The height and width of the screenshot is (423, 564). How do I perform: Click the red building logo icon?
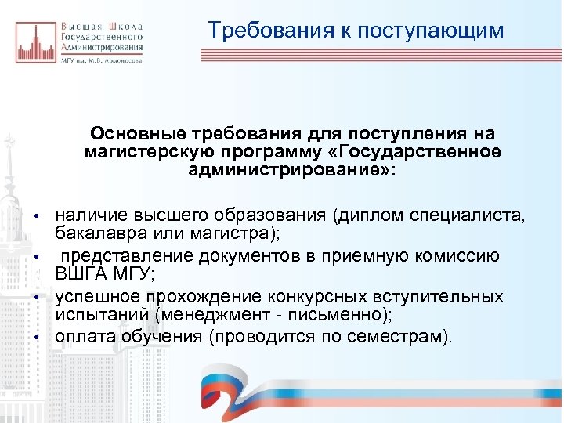[34, 42]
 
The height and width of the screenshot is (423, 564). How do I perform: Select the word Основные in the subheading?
[127, 134]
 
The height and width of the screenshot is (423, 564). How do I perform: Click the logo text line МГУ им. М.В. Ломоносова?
[101, 60]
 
